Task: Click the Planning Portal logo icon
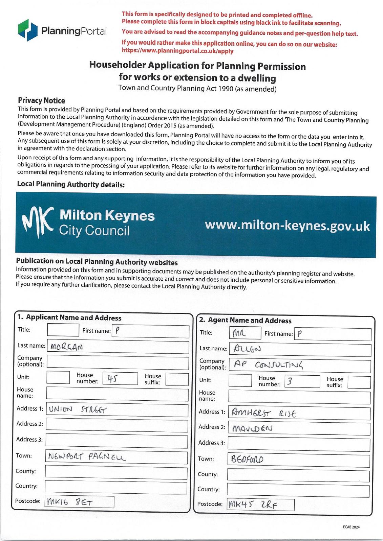tap(27, 30)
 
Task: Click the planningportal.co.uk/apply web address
tap(177, 51)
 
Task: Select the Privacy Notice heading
tap(41, 100)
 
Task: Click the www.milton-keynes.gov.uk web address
tap(287, 226)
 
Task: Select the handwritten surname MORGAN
tap(66, 347)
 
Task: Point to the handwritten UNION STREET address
tap(78, 410)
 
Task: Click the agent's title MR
tap(239, 334)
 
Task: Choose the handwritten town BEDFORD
tap(247, 460)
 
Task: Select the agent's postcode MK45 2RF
tap(253, 505)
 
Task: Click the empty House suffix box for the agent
tap(359, 382)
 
